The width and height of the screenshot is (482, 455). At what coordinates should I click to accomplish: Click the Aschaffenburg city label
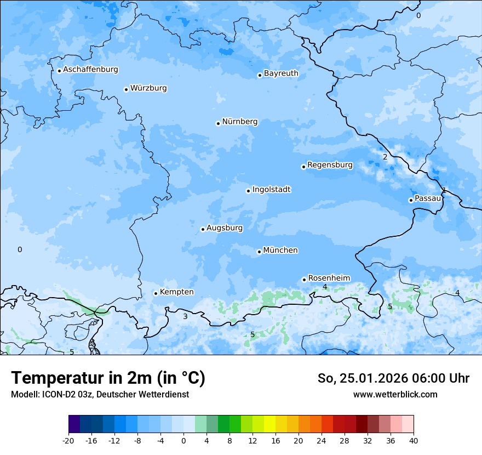click(90, 70)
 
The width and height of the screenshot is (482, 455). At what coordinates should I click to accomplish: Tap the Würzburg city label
click(148, 88)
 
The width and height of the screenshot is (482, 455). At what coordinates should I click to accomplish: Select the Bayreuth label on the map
click(281, 73)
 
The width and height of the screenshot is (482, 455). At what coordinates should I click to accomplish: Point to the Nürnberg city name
click(239, 122)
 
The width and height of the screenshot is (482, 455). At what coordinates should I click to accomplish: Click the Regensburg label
click(330, 165)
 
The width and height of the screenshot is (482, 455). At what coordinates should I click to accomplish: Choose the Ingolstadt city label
click(271, 190)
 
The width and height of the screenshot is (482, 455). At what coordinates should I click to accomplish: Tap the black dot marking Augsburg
click(203, 229)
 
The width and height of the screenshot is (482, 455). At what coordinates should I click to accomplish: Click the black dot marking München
click(259, 252)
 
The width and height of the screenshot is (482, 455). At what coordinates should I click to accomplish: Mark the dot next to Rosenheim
click(304, 280)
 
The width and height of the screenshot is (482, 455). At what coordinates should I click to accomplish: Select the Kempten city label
click(176, 292)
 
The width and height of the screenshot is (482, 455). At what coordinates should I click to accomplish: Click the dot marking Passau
click(411, 200)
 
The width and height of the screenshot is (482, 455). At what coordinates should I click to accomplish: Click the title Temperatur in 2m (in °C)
click(108, 378)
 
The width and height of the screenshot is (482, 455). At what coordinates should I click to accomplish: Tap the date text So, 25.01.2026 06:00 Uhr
click(393, 378)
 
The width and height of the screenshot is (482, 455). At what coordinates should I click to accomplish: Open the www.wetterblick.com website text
click(395, 394)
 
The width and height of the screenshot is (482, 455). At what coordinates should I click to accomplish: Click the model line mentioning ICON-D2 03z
click(100, 394)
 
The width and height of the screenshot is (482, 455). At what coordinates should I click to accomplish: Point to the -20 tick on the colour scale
click(68, 441)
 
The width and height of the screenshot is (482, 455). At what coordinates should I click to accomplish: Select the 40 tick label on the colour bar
click(413, 441)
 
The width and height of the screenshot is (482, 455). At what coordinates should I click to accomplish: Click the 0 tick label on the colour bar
click(183, 441)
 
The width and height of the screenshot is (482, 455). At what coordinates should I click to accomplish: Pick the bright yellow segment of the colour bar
click(269, 424)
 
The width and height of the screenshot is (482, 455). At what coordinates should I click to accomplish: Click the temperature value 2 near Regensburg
click(385, 157)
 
